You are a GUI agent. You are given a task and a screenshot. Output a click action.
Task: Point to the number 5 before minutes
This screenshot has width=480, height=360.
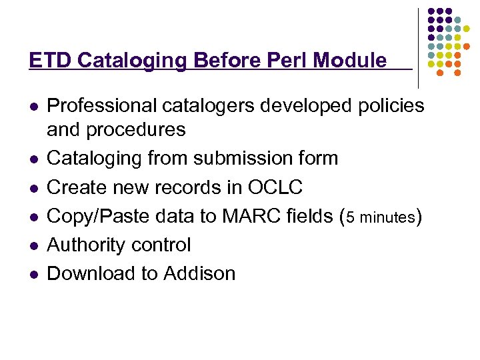coord(351,217)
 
